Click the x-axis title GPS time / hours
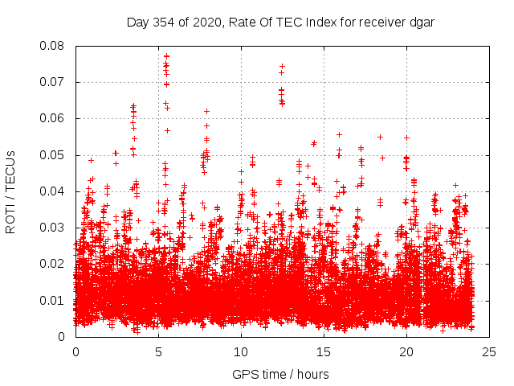click(x=280, y=374)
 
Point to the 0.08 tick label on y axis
click(x=53, y=46)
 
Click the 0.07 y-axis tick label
click(x=53, y=82)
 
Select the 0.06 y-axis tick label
click(x=53, y=118)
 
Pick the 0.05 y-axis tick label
click(x=53, y=155)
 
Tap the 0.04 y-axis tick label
click(x=53, y=191)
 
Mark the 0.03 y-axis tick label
click(x=53, y=228)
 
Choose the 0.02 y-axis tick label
click(x=53, y=264)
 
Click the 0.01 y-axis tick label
click(x=53, y=301)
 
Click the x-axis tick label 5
click(x=159, y=352)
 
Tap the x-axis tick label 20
click(x=407, y=352)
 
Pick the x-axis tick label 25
click(x=490, y=352)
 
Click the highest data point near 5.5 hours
click(x=166, y=56)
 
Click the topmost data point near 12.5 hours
click(x=282, y=66)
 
